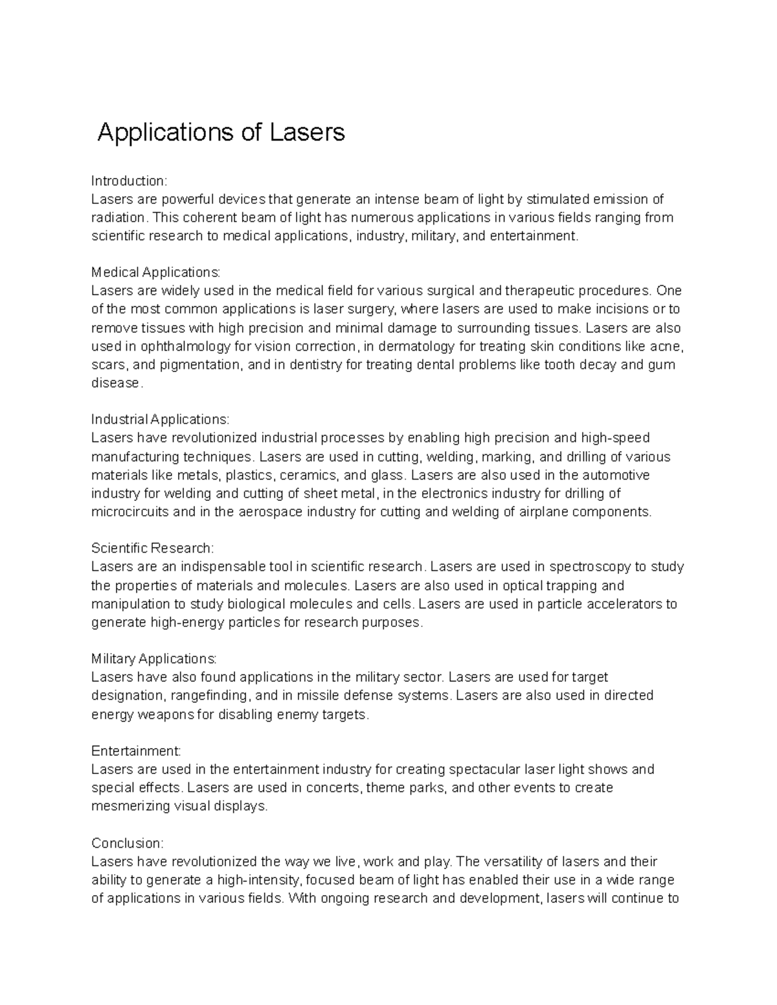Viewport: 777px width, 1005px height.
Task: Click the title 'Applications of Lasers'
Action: pos(221,133)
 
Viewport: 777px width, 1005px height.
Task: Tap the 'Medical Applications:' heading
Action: pos(156,272)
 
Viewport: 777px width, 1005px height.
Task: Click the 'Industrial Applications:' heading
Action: pos(160,419)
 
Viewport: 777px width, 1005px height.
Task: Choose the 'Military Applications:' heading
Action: pos(154,659)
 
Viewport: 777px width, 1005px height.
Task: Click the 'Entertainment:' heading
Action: pos(136,751)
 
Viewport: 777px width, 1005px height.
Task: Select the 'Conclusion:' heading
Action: pos(128,843)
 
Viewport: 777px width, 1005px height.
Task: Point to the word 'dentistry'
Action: pos(316,364)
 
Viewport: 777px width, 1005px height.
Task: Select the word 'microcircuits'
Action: pos(130,512)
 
